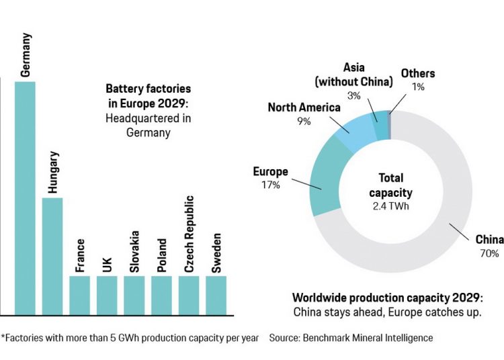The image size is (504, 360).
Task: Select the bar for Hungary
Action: point(52,256)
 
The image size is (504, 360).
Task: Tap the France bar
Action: point(79,295)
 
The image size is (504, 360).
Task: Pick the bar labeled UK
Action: point(107,295)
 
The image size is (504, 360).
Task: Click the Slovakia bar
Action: point(134,295)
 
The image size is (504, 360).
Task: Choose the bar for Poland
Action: point(161,295)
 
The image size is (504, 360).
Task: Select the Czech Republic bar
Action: point(189,295)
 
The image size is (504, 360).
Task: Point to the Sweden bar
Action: point(216,295)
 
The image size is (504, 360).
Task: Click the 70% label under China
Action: point(489,253)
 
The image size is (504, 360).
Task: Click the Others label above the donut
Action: point(417,73)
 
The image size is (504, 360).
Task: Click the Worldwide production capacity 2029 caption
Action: point(388,298)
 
